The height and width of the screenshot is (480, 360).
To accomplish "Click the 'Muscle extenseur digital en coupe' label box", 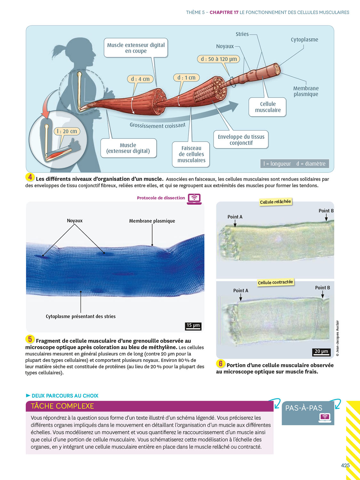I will pyautogui.click(x=136, y=48).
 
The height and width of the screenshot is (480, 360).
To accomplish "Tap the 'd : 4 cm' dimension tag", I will pyautogui.click(x=140, y=79).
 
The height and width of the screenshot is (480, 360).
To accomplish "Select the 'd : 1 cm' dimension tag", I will pyautogui.click(x=186, y=77).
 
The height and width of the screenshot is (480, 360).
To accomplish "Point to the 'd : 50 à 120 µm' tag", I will pyautogui.click(x=219, y=59).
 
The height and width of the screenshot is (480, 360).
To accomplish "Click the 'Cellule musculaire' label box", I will pyautogui.click(x=268, y=107).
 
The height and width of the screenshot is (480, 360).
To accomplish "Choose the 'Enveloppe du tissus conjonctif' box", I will pyautogui.click(x=241, y=140).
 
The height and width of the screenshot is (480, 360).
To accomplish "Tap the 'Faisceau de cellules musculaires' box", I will pyautogui.click(x=191, y=154).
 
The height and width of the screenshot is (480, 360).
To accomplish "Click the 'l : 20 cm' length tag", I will pyautogui.click(x=67, y=131).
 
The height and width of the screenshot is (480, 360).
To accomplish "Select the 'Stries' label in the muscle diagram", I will pyautogui.click(x=242, y=34).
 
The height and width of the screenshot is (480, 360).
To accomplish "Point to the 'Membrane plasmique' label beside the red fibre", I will pyautogui.click(x=306, y=91).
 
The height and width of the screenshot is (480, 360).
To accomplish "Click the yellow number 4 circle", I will pyautogui.click(x=30, y=177).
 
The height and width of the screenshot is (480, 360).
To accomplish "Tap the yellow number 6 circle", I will pyautogui.click(x=220, y=364).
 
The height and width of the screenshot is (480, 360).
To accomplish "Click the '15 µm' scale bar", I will pyautogui.click(x=193, y=326).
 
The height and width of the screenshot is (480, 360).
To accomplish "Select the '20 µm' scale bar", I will pyautogui.click(x=321, y=352).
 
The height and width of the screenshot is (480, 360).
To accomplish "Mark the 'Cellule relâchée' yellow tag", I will pyautogui.click(x=275, y=202).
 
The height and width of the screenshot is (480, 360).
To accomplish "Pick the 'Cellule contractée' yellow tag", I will pyautogui.click(x=275, y=282).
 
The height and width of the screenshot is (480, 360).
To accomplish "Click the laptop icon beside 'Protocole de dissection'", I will pyautogui.click(x=195, y=198).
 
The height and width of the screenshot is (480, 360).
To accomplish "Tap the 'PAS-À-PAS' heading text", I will pyautogui.click(x=304, y=408).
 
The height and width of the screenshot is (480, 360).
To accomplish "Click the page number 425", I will pyautogui.click(x=345, y=465).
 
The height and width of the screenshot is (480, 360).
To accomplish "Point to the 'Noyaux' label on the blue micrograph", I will pyautogui.click(x=75, y=221).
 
